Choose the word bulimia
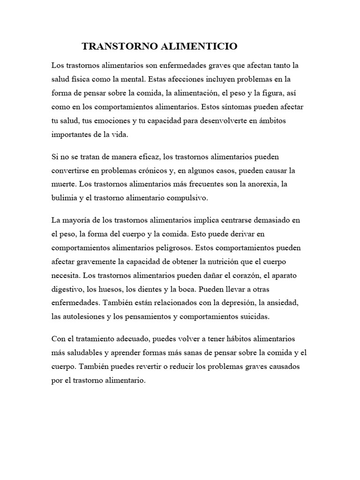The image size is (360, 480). click(x=64, y=198)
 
